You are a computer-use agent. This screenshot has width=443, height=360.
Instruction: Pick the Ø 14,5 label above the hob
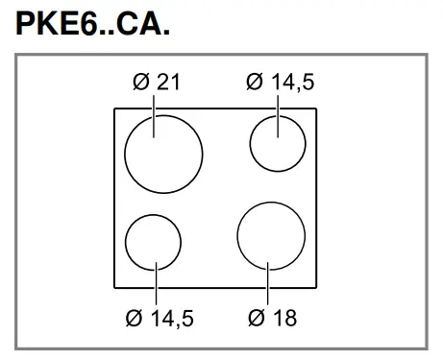[279, 82]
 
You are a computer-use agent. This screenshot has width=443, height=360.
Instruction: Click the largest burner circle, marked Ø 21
[164, 153]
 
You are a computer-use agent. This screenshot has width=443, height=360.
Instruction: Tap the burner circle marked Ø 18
[270, 233]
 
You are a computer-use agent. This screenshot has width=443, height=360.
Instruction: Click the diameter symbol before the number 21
[140, 82]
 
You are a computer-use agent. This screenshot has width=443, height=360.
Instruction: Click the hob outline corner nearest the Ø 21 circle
[115, 109]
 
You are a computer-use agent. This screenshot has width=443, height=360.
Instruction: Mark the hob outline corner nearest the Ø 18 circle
[318, 286]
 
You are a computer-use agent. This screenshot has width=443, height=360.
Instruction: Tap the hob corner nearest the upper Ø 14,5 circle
[318, 109]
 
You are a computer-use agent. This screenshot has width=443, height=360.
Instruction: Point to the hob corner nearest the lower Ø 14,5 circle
[115, 286]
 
